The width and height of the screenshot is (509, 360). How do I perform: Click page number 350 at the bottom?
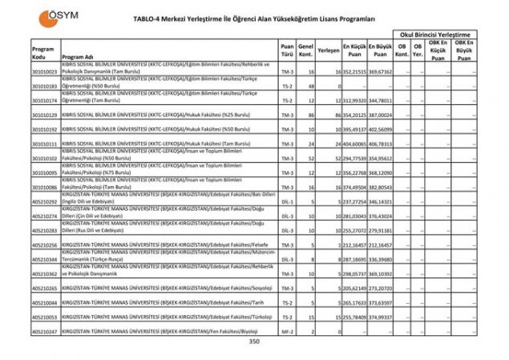[x=254, y=342]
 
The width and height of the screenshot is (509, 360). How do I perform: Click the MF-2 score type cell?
[x=287, y=331]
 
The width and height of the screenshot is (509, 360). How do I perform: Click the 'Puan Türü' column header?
[x=287, y=51]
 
